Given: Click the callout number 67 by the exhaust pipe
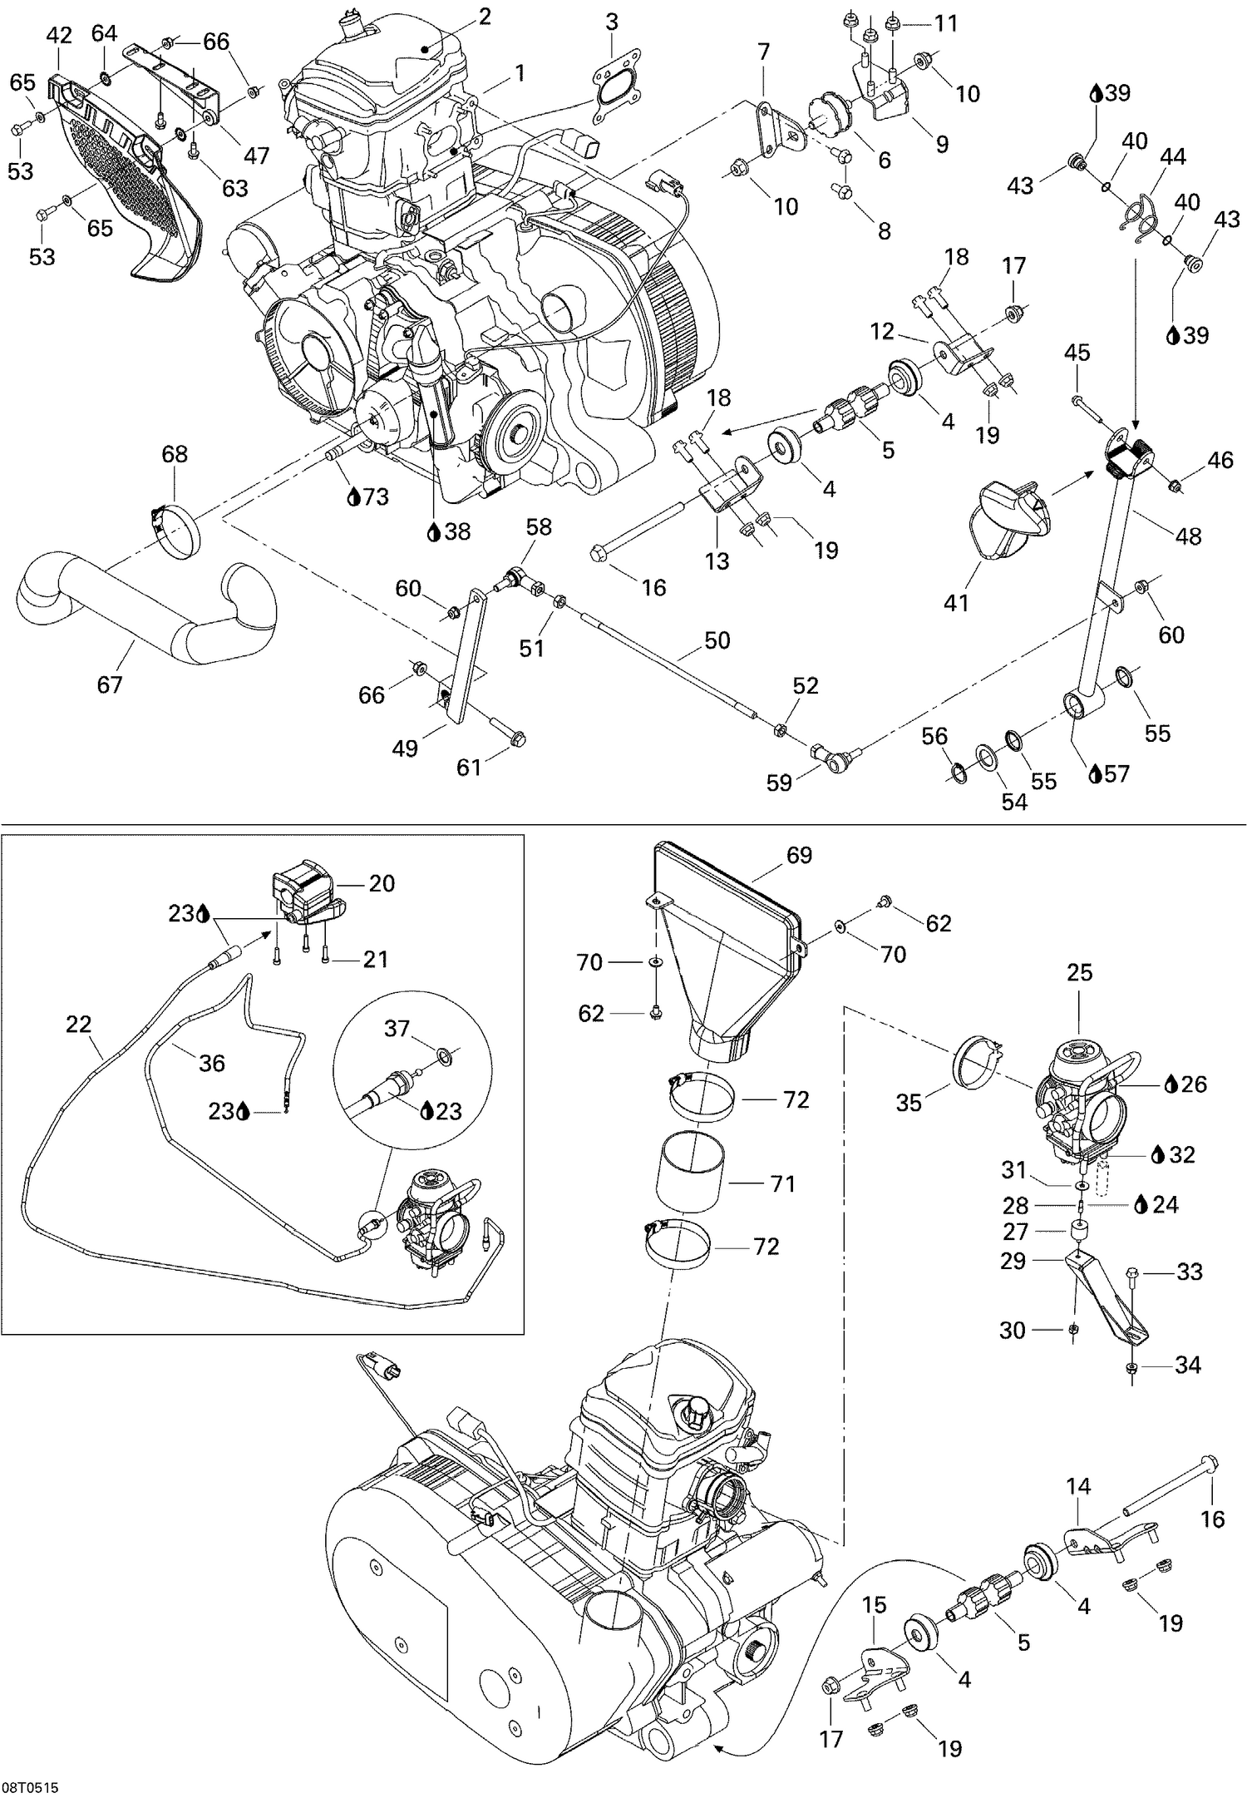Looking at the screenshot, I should [x=110, y=684].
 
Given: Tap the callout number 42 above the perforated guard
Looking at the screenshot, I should [x=59, y=35].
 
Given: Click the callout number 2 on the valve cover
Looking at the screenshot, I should [x=484, y=16].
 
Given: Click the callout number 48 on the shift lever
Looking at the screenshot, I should [x=1188, y=536].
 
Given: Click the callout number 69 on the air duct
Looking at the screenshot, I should [x=799, y=855].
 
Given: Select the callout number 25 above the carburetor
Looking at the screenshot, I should [x=1079, y=972].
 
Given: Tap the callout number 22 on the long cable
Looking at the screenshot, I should [x=78, y=1024].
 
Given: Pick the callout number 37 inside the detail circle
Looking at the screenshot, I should [x=397, y=1029].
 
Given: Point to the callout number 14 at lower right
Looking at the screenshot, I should [x=1078, y=1486].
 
